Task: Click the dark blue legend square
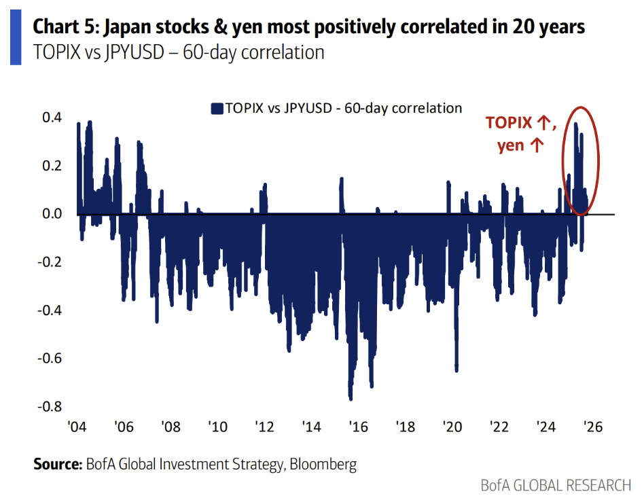pyautogui.click(x=217, y=108)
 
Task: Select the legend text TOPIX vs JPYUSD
pyautogui.click(x=343, y=108)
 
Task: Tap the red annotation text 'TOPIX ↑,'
pyautogui.click(x=520, y=123)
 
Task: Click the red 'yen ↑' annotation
pyautogui.click(x=520, y=145)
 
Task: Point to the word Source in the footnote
pyautogui.click(x=57, y=465)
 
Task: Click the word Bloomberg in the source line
pyautogui.click(x=323, y=465)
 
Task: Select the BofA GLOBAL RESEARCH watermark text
pyautogui.click(x=556, y=485)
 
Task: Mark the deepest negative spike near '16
pyautogui.click(x=351, y=397)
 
